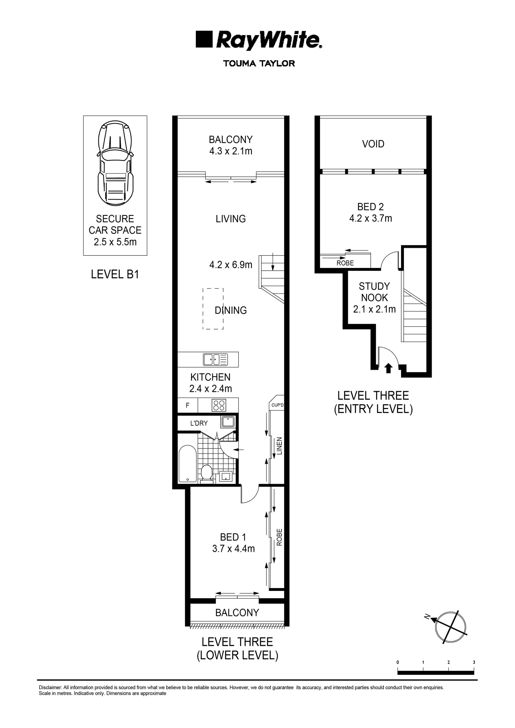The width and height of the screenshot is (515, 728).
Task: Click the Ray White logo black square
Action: coord(204,39)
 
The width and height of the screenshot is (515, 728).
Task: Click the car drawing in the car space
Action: coord(115,163)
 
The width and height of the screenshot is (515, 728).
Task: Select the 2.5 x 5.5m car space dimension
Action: coord(115,242)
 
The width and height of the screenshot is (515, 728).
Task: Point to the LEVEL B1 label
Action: coord(115,274)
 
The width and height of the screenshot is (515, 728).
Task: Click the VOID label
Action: coord(373,144)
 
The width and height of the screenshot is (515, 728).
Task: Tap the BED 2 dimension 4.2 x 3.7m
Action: coord(370,218)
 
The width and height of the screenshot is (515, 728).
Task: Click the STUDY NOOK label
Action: coord(374,292)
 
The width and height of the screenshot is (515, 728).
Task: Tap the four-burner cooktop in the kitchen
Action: coord(219,405)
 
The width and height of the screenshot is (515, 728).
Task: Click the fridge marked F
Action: coord(187,405)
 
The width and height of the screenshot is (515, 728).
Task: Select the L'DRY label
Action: coord(199,423)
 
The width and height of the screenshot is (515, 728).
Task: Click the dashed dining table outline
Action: coord(213,309)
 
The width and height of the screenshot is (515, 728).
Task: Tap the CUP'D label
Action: coord(277,405)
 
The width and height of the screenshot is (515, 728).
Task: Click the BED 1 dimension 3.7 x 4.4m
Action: coord(233,548)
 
